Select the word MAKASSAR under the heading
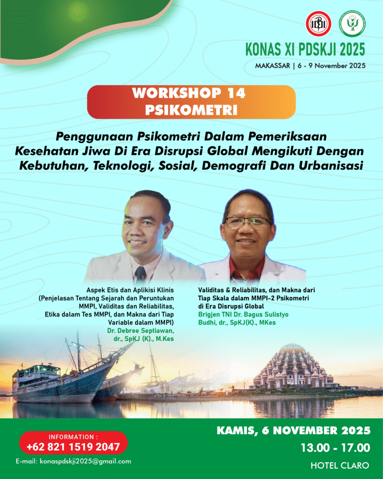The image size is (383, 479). [272, 65]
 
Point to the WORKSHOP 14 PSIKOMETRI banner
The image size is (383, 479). [191, 102]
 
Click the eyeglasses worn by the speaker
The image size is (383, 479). [247, 221]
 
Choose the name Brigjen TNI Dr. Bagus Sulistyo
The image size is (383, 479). [243, 314]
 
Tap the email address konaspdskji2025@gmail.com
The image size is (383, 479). [73, 461]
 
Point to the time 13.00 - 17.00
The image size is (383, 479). [335, 448]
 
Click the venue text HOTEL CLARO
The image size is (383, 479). [340, 465]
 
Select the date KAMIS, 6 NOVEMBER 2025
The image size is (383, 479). [294, 430]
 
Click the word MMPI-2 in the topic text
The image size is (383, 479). [279, 298]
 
